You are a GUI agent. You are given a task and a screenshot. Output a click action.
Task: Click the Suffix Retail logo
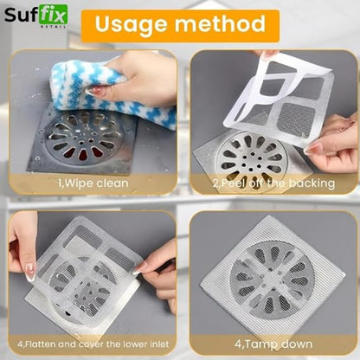pyautogui.click(x=36, y=16)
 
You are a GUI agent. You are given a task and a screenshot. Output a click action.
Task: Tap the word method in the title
pyautogui.click(x=220, y=23)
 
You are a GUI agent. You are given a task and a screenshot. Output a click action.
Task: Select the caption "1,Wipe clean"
pyautogui.click(x=93, y=183)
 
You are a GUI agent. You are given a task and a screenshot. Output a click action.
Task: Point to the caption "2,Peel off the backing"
pyautogui.click(x=273, y=183)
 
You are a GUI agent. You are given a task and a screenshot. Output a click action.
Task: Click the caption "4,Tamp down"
pyautogui.click(x=273, y=344)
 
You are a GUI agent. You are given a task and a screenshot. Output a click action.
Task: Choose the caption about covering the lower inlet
pyautogui.click(x=93, y=344)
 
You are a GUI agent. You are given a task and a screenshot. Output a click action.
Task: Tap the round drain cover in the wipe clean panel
pyautogui.click(x=84, y=137)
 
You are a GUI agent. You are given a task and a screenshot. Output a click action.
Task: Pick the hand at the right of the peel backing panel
pyautogui.click(x=331, y=145)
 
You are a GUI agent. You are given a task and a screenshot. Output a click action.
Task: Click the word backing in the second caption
pyautogui.click(x=312, y=183)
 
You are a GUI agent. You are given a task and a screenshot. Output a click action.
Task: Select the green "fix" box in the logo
pyautogui.click(x=54, y=15)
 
